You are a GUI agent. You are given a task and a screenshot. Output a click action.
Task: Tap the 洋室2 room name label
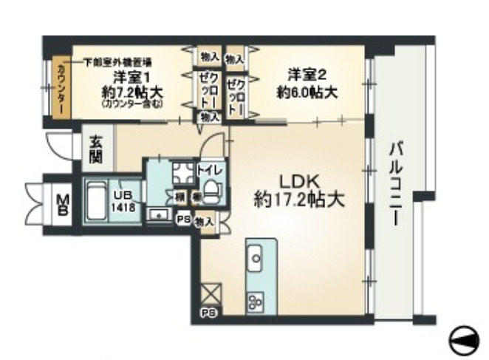click(x=307, y=75)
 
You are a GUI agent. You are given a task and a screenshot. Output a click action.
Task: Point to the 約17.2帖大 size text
click(x=300, y=200)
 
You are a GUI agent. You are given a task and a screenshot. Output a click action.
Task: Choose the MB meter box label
click(x=64, y=203)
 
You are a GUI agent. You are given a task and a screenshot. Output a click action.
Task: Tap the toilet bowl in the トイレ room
click(x=213, y=191)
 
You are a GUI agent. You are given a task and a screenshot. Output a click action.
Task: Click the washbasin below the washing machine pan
click(x=157, y=215)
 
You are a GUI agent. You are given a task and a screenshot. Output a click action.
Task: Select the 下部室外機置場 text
click(x=117, y=62)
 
